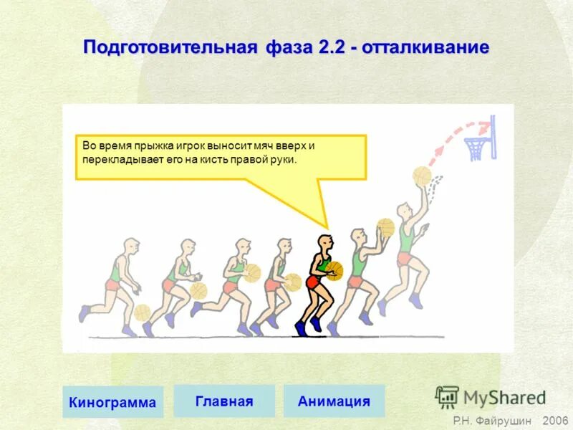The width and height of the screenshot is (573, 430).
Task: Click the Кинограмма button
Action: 112,402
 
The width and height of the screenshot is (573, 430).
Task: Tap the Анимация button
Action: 334,401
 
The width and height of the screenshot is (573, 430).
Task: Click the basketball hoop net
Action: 475,149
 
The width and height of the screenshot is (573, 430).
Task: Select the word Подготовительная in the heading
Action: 170,48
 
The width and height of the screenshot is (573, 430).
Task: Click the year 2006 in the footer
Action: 555,421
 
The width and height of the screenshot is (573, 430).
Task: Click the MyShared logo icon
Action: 447,397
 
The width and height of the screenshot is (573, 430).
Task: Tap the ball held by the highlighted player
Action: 334,269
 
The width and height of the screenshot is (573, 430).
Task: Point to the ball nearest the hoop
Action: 421,176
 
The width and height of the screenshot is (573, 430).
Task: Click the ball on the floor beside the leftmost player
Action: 143,312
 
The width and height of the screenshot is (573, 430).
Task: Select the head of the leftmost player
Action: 130,247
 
